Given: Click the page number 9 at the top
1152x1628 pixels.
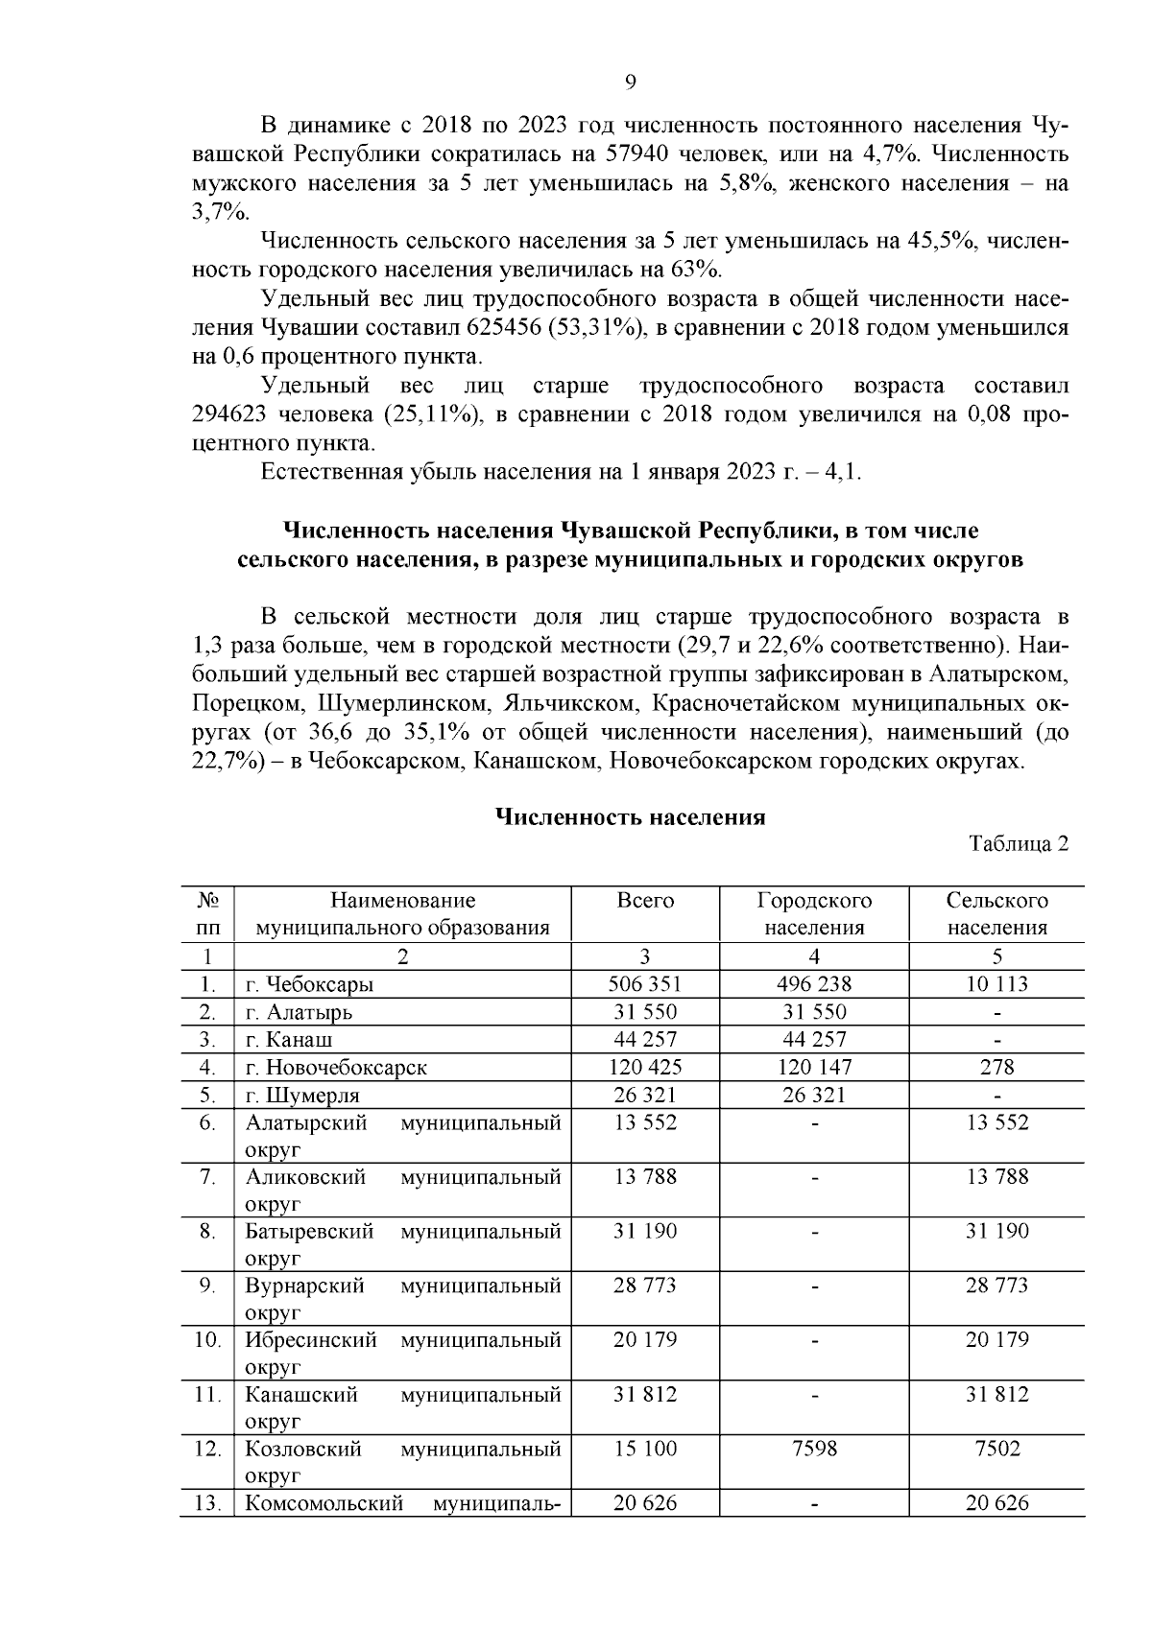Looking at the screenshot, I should [631, 82].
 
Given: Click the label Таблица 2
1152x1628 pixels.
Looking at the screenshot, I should [1019, 844].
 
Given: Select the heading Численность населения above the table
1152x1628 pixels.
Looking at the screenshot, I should [630, 817].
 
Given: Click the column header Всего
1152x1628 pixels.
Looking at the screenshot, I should [645, 901].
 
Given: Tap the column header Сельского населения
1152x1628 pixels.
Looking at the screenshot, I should [996, 913].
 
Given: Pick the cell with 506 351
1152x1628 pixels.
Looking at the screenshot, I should [645, 984].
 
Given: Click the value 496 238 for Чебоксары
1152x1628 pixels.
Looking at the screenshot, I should [814, 984].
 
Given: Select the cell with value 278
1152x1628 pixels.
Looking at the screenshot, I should [997, 1067].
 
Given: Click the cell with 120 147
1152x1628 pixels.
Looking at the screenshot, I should [814, 1067].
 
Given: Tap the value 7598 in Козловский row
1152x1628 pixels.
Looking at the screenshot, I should [814, 1449].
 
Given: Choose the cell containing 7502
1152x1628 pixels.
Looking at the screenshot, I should [997, 1449].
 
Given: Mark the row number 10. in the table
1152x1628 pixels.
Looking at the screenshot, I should [207, 1339].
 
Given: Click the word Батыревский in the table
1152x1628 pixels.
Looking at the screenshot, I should [309, 1231].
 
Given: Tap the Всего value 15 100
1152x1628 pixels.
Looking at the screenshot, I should [645, 1449].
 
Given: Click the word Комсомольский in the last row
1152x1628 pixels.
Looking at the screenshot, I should [324, 1503].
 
